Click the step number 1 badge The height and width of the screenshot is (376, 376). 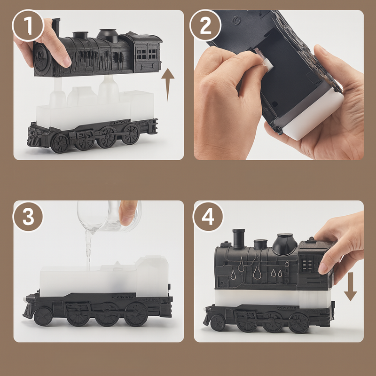point(28,25)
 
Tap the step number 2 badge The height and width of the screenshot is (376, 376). point(205,25)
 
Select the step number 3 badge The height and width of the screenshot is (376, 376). point(28,217)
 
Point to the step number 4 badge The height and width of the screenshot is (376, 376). point(208,217)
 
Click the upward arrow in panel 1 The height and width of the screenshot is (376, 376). point(168,85)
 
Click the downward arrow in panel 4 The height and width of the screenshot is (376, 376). point(350,286)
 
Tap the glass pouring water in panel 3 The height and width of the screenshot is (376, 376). point(109,216)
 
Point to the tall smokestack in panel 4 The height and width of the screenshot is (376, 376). point(239,238)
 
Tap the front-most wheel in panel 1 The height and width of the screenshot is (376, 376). point(60,143)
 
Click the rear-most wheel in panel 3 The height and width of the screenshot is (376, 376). point(136,314)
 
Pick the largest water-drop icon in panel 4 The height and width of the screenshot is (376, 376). point(257,272)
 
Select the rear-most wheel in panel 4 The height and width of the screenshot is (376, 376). point(298,323)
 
